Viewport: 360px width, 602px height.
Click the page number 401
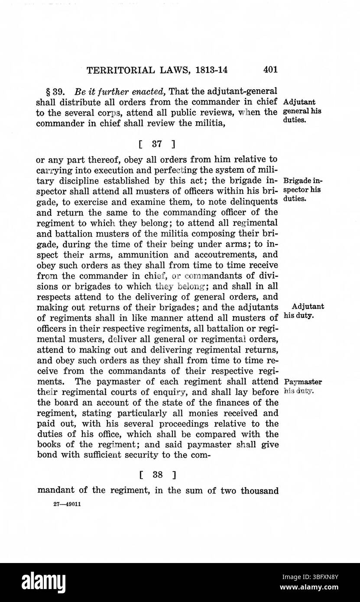click(269, 70)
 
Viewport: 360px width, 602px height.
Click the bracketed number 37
click(156, 142)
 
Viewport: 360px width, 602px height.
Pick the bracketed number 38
click(157, 475)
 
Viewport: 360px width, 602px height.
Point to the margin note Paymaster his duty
click(303, 386)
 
